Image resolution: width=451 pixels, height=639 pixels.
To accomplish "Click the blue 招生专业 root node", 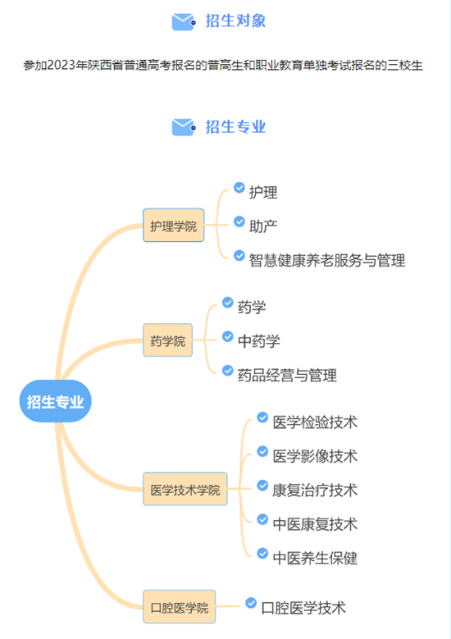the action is (x=56, y=401).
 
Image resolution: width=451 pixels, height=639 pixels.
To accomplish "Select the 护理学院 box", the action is (x=174, y=226).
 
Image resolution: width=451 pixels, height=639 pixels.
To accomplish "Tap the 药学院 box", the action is (x=167, y=340).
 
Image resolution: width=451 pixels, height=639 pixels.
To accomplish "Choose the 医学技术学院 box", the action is (x=185, y=489).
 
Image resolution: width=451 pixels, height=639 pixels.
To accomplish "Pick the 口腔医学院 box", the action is (x=180, y=607).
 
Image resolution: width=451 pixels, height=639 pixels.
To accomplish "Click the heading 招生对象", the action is (x=235, y=21).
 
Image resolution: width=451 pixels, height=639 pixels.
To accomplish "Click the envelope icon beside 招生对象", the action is (x=184, y=21).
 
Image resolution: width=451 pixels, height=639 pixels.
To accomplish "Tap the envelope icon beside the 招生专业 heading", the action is (x=184, y=127).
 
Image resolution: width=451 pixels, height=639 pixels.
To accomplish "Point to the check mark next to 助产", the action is (x=239, y=221).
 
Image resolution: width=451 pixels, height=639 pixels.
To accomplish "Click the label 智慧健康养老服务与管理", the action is (x=327, y=260).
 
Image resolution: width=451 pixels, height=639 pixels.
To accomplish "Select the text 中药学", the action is (x=258, y=341).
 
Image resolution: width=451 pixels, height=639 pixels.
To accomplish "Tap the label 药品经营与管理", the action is (x=287, y=376).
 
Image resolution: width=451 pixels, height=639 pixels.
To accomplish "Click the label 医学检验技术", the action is (x=315, y=422).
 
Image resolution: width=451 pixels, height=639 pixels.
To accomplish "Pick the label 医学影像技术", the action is (x=315, y=456).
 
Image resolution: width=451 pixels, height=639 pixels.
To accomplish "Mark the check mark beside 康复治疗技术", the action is (x=262, y=486).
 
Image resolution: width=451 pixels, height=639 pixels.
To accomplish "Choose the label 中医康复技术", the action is (x=315, y=524).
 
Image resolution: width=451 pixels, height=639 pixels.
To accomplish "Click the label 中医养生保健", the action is (x=315, y=558).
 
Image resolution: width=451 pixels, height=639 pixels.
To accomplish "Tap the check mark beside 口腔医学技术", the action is (x=251, y=603).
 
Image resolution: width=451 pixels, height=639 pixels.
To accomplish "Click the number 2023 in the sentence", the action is (x=61, y=65).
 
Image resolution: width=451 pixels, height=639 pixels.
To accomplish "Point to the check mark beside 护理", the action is (x=239, y=188).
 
